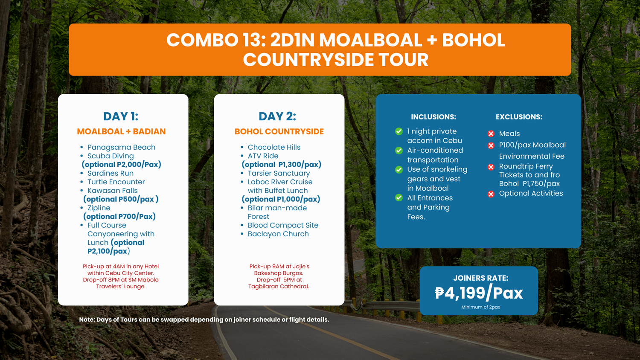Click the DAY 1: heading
[121, 116]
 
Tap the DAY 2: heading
[277, 116]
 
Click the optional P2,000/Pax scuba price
[122, 165]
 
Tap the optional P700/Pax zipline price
[119, 217]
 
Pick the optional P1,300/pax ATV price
[282, 165]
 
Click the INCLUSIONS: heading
[433, 117]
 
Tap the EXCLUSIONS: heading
[519, 117]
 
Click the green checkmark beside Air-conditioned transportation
[399, 151]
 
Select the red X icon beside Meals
[491, 134]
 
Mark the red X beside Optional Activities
[491, 194]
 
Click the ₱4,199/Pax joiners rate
[479, 293]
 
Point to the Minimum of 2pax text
[480, 307]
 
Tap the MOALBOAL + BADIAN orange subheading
[121, 131]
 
